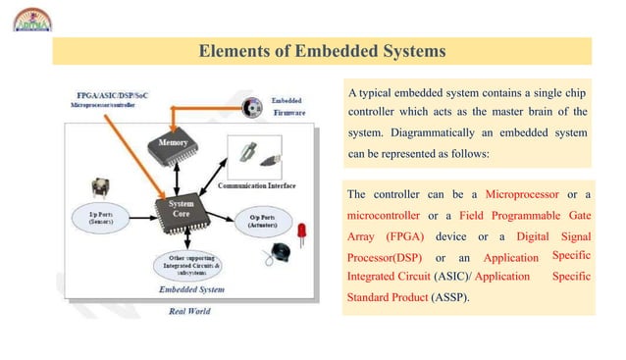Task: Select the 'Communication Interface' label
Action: point(261,183)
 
